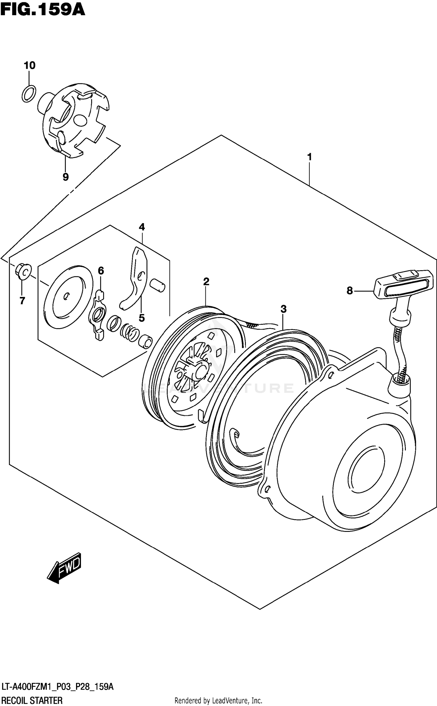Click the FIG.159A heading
(43, 10)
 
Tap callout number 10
(29, 65)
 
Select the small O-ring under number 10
(29, 94)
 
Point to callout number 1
(309, 157)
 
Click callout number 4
(142, 227)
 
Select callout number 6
(101, 271)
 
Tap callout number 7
(22, 300)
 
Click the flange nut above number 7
(23, 272)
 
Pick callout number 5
(142, 318)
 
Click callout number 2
(206, 282)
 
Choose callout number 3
(283, 309)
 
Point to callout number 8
(350, 291)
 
